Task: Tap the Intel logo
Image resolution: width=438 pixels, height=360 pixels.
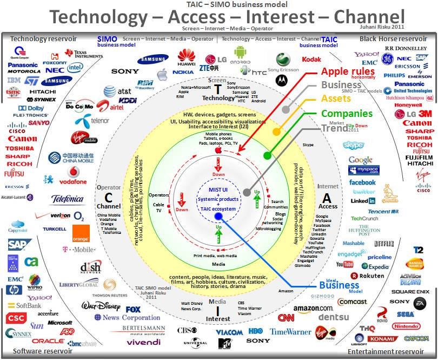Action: (75, 68)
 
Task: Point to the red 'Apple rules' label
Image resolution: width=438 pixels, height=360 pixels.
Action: (348, 71)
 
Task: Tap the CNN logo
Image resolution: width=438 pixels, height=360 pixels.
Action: (286, 318)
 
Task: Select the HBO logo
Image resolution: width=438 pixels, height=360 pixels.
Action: (255, 331)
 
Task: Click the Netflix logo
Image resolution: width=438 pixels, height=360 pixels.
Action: (384, 243)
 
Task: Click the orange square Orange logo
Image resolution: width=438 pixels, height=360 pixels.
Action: (81, 233)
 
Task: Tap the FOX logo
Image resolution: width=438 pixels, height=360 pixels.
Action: (133, 309)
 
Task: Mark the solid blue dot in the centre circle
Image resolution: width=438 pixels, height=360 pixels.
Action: (218, 216)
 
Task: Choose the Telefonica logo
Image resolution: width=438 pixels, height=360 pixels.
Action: (67, 199)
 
